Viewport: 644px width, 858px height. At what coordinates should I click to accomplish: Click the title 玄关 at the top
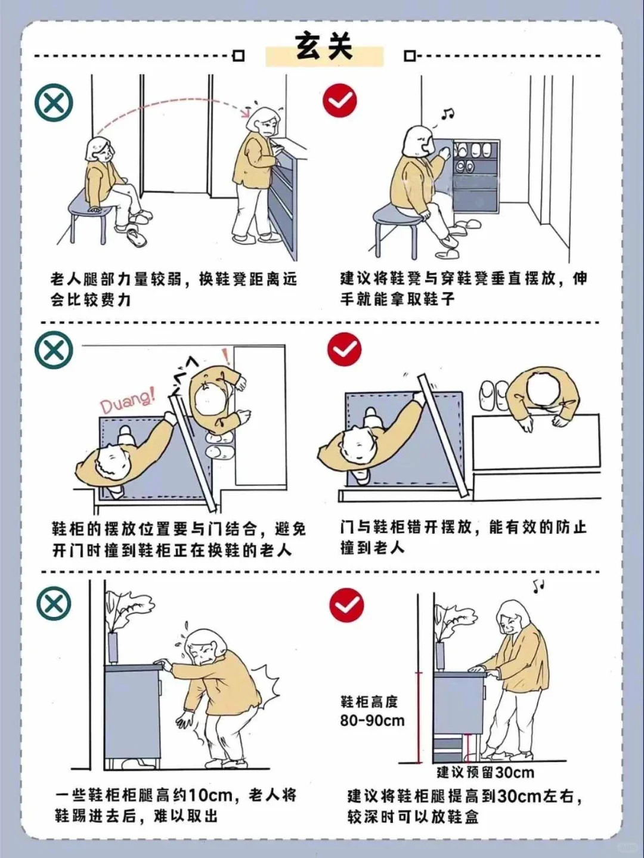(x=324, y=47)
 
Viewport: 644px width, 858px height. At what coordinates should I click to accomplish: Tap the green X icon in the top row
(x=54, y=103)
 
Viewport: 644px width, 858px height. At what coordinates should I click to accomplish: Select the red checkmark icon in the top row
(x=340, y=100)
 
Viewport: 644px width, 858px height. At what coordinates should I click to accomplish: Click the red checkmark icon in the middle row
(x=345, y=349)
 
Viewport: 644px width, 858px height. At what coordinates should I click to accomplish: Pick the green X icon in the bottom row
(x=54, y=603)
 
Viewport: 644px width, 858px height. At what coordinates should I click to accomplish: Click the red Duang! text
(x=126, y=400)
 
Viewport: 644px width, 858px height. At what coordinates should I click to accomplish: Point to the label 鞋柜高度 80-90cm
(x=371, y=711)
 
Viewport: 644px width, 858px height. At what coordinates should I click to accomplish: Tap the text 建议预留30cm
(x=485, y=772)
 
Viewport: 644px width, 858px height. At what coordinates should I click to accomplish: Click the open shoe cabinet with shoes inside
(x=475, y=176)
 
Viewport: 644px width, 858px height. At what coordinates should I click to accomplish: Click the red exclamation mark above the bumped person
(x=226, y=357)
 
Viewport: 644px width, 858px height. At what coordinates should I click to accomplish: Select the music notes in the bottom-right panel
(x=538, y=586)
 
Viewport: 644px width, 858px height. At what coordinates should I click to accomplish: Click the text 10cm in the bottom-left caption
(x=210, y=795)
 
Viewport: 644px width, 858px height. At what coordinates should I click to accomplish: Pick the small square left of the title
(x=239, y=56)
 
